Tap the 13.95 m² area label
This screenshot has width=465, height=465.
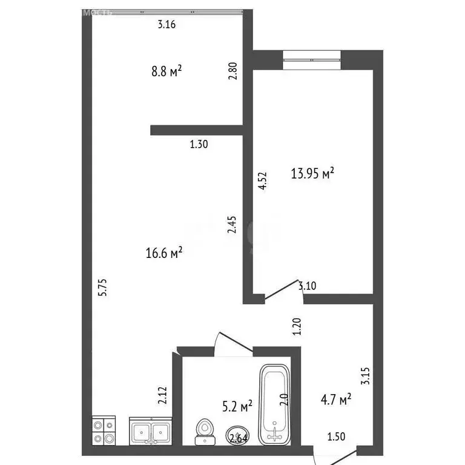pos(312,174)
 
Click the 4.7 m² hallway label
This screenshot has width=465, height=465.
pos(335,400)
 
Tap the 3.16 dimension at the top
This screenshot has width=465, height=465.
pos(167,25)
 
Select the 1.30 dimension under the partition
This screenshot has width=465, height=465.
pos(199,144)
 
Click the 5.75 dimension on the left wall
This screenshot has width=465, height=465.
pos(104,286)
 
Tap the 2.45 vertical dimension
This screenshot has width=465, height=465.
pos(232,225)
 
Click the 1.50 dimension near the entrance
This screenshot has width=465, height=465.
pos(337,436)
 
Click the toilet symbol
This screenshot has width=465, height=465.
pos(205,429)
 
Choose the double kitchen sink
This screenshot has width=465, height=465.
pos(151,432)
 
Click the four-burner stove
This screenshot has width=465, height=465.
pos(104,431)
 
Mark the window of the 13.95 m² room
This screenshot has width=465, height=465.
pos(311,60)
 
